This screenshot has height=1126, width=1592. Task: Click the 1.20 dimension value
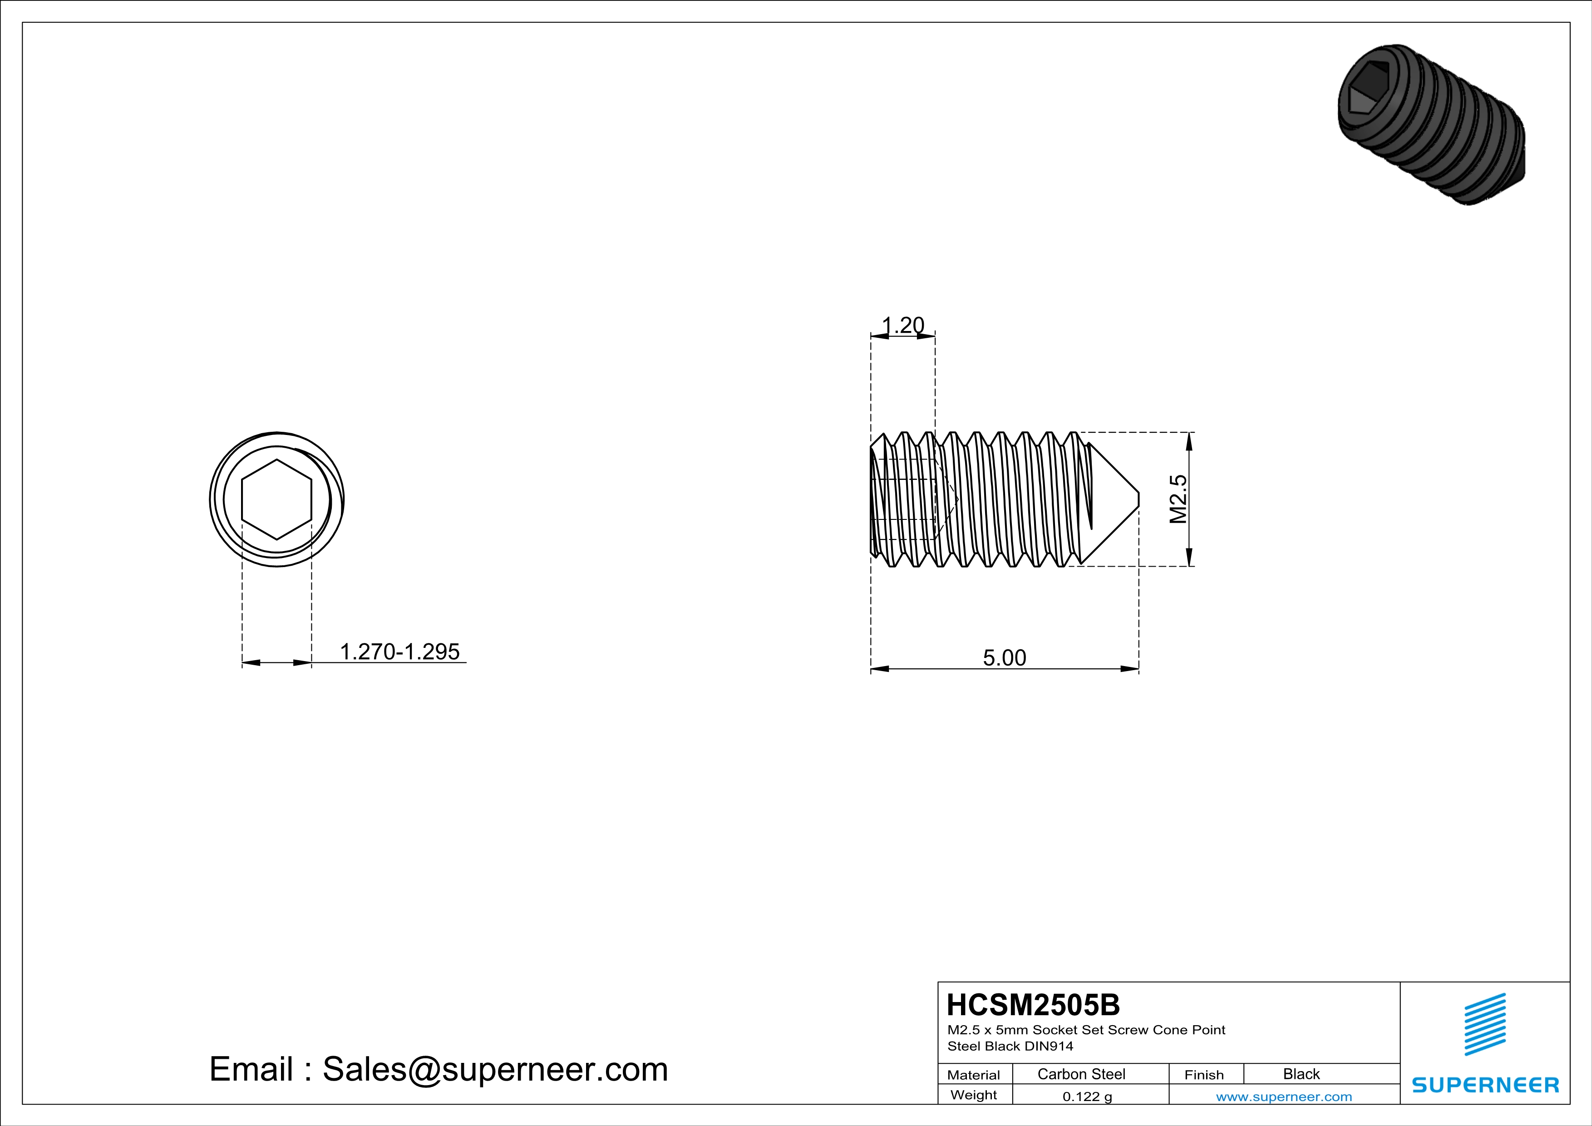point(903,325)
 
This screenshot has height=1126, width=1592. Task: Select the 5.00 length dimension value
point(1004,657)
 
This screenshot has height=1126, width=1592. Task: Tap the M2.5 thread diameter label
point(1178,499)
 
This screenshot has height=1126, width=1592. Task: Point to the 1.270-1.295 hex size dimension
point(399,652)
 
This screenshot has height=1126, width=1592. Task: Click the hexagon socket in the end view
point(276,499)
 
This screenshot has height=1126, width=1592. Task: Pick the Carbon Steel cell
point(1081,1074)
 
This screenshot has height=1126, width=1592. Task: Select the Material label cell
point(974,1075)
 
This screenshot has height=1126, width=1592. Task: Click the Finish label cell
point(1204,1075)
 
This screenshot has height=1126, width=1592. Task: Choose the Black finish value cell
point(1301,1074)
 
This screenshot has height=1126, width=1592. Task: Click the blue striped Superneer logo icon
point(1484,1024)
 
